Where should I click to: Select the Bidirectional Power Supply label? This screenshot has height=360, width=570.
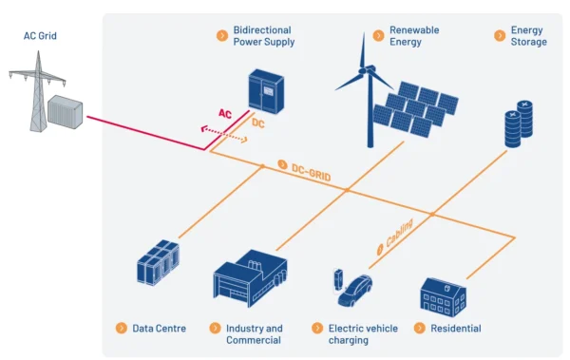coord(263,36)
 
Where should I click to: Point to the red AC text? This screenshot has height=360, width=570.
coord(225,114)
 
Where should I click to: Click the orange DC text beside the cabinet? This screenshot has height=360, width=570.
coord(257,123)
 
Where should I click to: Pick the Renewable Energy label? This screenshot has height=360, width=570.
coord(415,36)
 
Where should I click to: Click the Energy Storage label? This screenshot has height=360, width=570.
coord(528,36)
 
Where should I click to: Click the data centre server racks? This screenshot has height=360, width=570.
coord(158,264)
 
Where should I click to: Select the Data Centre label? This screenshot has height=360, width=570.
coord(159,329)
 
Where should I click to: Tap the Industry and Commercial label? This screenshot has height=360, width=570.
coord(254,334)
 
